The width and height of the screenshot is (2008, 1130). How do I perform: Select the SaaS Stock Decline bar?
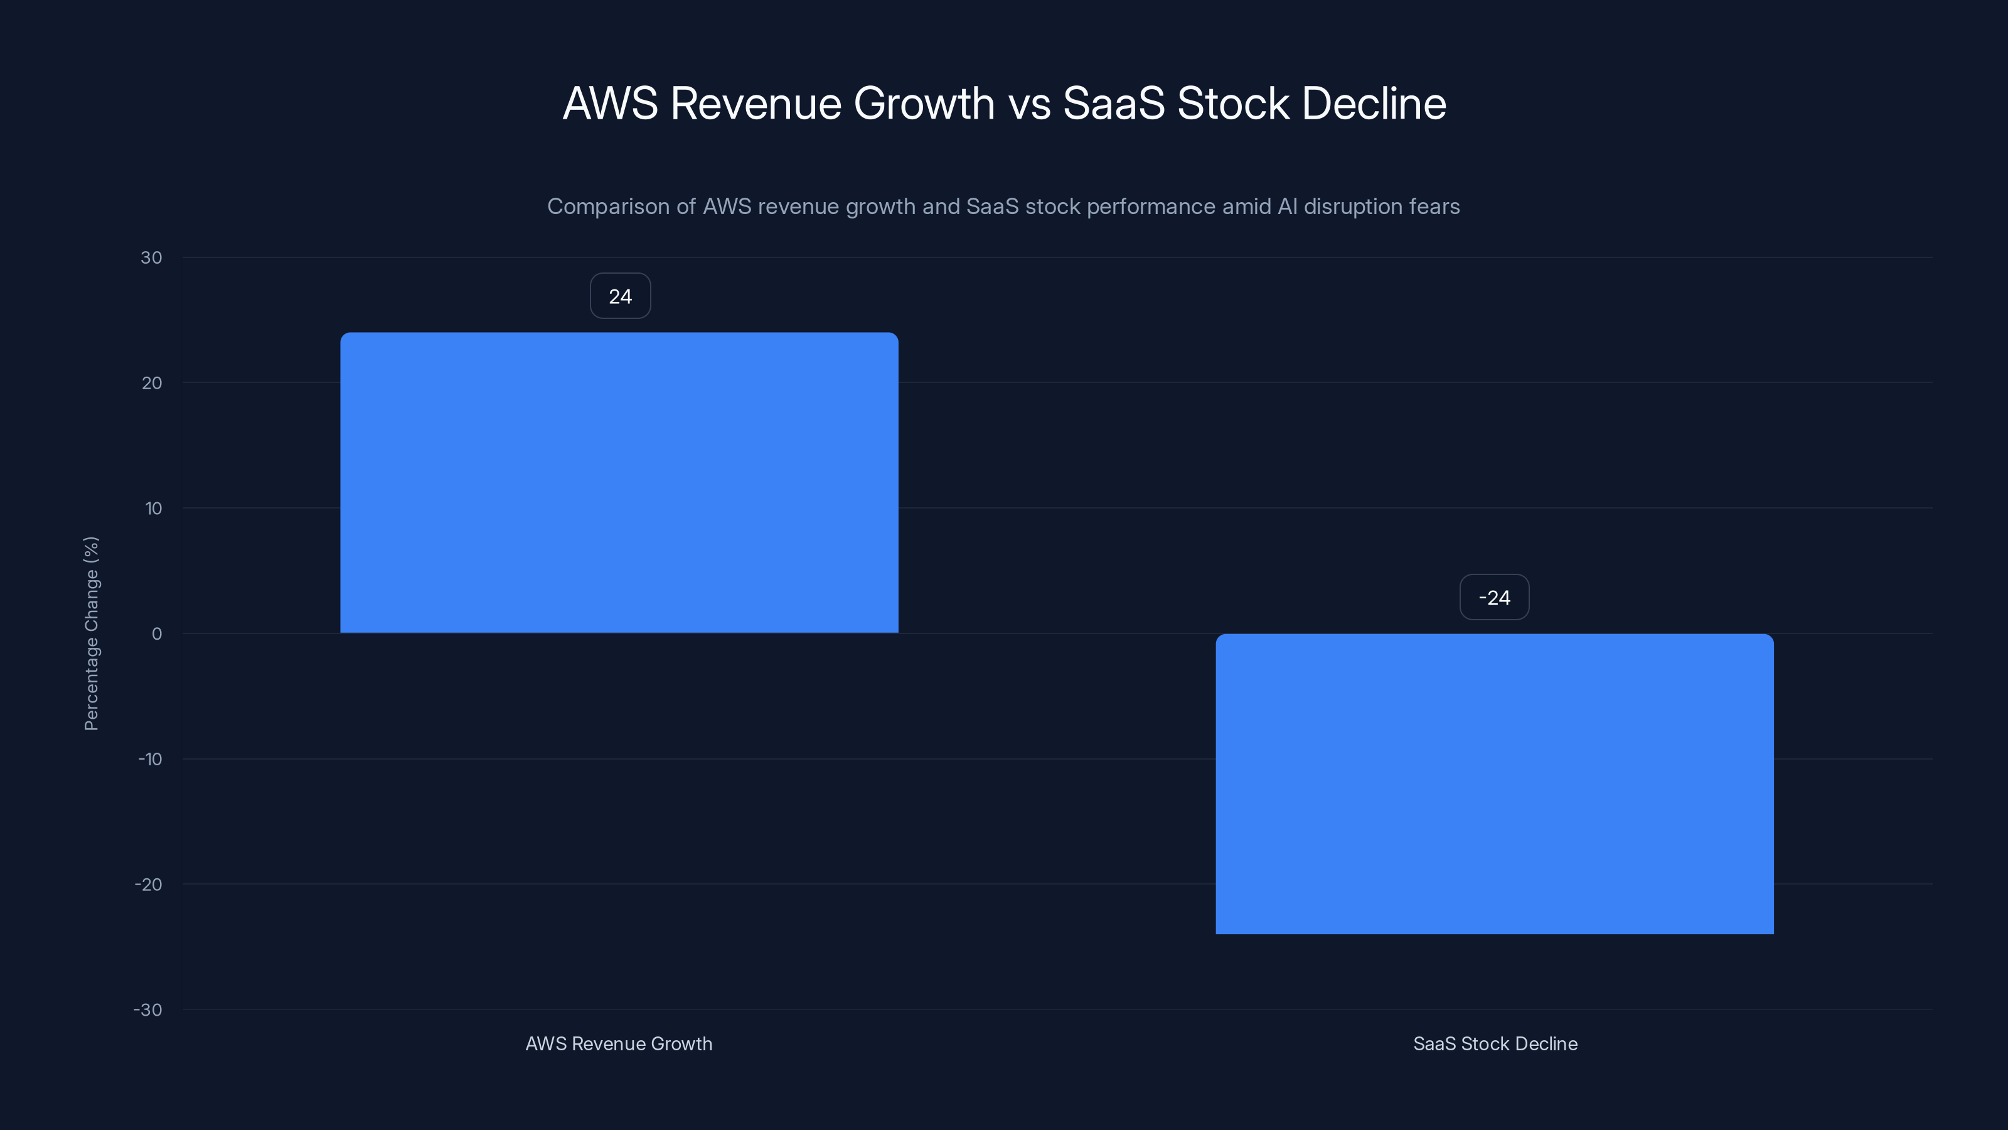click(1494, 783)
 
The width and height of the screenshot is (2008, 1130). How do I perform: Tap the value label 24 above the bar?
click(620, 296)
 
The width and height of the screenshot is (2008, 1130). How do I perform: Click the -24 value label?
click(1493, 598)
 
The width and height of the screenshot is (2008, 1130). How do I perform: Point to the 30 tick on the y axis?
click(151, 257)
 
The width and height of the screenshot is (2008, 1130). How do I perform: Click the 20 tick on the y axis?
click(152, 383)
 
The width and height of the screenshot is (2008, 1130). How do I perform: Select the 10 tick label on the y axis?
click(154, 508)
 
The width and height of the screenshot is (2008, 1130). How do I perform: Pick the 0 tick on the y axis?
click(157, 634)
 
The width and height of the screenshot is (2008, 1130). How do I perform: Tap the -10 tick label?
click(150, 759)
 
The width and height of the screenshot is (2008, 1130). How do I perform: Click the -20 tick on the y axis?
click(148, 885)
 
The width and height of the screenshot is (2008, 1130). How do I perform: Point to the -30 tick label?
click(147, 1010)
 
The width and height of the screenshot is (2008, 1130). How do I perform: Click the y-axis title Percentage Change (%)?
click(91, 633)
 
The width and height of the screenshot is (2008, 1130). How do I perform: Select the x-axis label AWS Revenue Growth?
click(618, 1043)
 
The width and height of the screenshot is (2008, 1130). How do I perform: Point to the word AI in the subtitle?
click(1287, 207)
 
